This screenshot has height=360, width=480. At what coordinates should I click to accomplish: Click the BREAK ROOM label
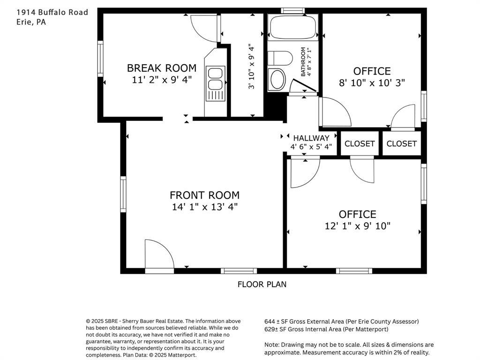click(x=162, y=68)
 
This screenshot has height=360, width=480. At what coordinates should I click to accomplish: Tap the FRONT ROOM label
click(x=204, y=195)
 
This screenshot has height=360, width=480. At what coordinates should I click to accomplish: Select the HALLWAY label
click(x=311, y=138)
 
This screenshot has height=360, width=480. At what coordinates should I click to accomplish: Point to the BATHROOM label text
click(x=303, y=61)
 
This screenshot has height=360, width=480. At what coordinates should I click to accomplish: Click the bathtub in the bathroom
click(x=293, y=27)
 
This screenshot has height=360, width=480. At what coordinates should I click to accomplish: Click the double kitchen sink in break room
click(x=215, y=83)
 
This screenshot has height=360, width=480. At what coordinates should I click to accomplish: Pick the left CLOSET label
click(x=360, y=143)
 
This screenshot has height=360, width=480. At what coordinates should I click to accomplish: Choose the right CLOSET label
click(x=401, y=143)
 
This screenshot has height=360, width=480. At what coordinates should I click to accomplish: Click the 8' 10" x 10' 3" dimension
click(x=372, y=82)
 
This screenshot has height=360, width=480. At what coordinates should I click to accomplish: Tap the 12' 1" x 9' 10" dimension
click(x=358, y=226)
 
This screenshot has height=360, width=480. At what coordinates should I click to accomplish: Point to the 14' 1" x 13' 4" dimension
click(x=204, y=207)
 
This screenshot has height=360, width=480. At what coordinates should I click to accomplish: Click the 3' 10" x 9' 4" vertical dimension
click(x=251, y=67)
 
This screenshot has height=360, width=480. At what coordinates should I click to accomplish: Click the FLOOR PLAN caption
click(x=262, y=285)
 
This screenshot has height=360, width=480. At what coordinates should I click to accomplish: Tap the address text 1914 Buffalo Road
click(x=52, y=12)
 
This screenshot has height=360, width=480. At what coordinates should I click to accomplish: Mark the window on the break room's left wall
click(x=100, y=59)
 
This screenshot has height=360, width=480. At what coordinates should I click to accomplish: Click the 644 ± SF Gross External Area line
click(x=342, y=322)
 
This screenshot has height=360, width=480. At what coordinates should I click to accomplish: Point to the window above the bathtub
click(x=292, y=11)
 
